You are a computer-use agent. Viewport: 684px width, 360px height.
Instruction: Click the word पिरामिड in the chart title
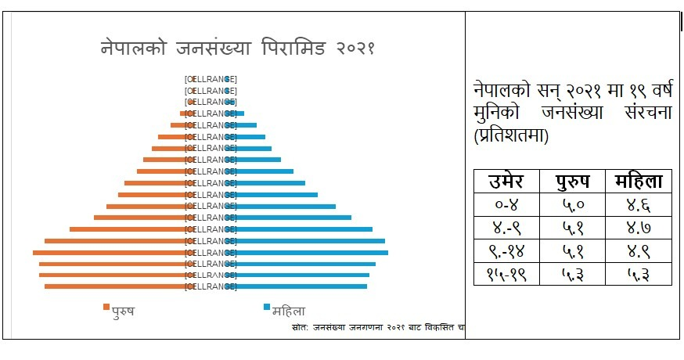[x=291, y=47]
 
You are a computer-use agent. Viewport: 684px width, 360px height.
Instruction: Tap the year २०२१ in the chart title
[x=348, y=47]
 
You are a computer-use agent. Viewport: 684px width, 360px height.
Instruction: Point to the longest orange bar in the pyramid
[x=110, y=253]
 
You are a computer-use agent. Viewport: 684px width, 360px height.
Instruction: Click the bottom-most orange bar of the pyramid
[x=117, y=286]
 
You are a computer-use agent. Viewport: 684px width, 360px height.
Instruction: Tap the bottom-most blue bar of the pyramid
[x=301, y=286]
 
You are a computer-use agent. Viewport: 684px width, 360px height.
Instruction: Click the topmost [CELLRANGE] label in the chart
[x=211, y=79]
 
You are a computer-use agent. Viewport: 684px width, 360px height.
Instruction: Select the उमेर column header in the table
[x=506, y=182]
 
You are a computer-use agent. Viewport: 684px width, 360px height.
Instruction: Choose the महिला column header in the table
[x=639, y=182]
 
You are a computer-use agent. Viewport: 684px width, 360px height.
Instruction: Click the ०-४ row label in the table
[x=506, y=207]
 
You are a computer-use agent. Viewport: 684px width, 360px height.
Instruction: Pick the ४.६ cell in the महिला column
[x=639, y=207]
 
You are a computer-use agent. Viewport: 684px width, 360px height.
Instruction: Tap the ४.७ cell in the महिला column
[x=639, y=229]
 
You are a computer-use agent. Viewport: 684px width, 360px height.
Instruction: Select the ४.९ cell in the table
[x=639, y=252]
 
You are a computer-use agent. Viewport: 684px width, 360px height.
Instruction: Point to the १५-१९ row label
[x=506, y=275]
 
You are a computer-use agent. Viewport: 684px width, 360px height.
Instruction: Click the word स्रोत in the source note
[x=298, y=326]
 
